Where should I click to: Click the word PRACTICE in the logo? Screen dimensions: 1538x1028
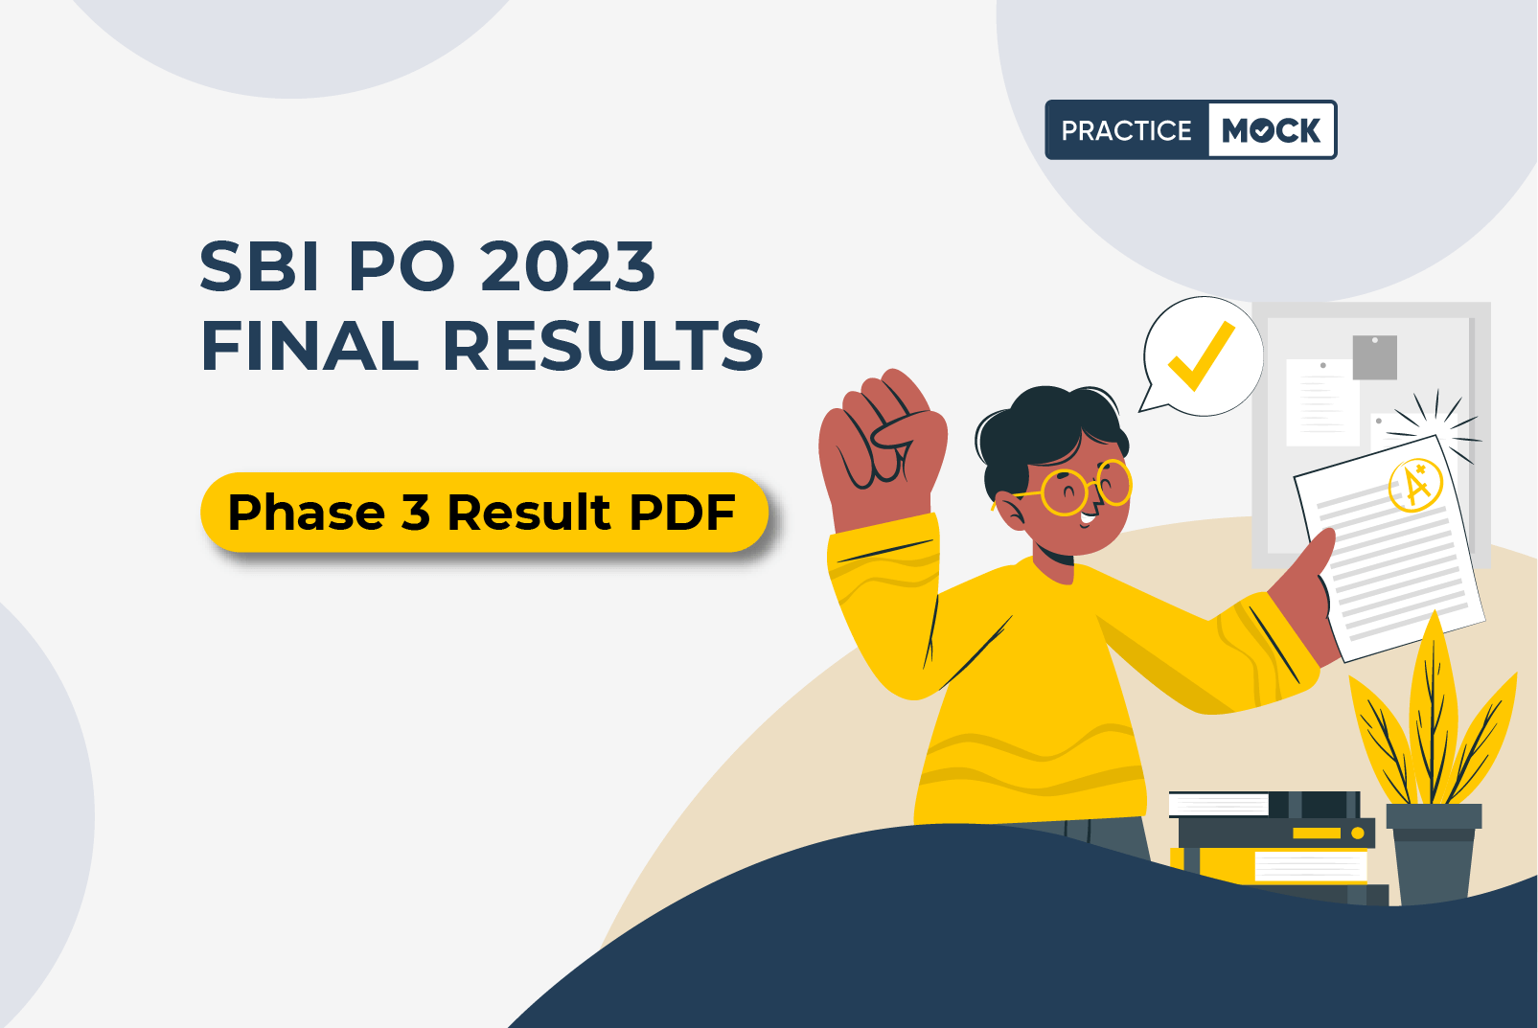(x=1126, y=130)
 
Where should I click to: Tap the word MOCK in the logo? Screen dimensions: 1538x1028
(x=1271, y=130)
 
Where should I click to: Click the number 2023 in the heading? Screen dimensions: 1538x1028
(x=568, y=266)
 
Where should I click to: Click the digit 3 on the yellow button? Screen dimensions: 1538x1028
(x=415, y=512)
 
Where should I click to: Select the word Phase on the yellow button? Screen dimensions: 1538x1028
(x=307, y=512)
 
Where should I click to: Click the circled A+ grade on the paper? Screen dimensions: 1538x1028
(x=1415, y=485)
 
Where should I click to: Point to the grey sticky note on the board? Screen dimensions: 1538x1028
(x=1374, y=357)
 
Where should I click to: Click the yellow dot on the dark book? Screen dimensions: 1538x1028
(x=1358, y=834)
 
